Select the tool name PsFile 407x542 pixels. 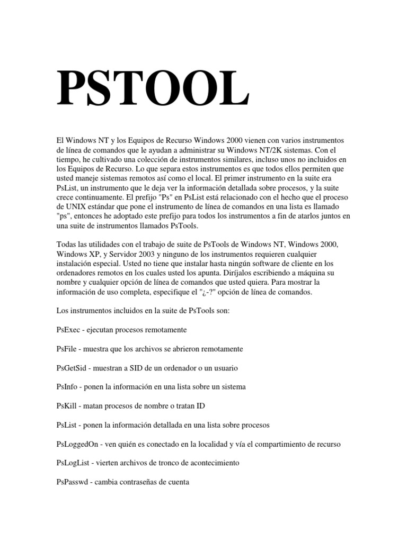(x=67, y=349)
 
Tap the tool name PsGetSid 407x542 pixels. (x=71, y=368)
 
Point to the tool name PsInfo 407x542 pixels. (x=67, y=387)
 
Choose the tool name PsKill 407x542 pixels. (x=66, y=406)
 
